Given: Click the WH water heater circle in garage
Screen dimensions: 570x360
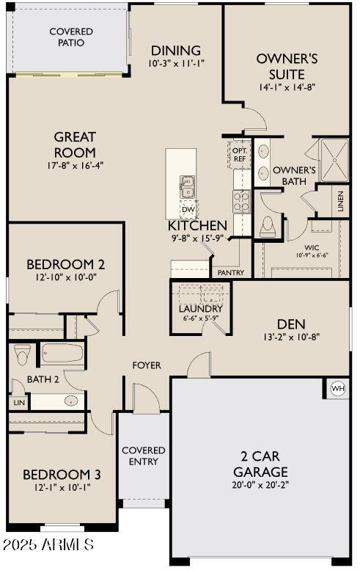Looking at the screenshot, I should coord(338,389).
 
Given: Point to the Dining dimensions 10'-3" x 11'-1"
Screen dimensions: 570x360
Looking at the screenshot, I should coord(175,64).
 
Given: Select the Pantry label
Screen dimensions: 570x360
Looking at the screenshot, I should coord(227,272).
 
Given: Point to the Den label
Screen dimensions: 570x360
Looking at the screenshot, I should coord(291,324).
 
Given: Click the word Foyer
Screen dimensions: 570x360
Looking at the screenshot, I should coord(147,365).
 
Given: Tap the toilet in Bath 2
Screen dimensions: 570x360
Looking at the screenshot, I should coord(22,354).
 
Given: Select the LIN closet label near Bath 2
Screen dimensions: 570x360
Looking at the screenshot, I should coord(17,403).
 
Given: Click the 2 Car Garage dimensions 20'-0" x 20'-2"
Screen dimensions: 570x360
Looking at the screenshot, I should coord(260,485).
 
